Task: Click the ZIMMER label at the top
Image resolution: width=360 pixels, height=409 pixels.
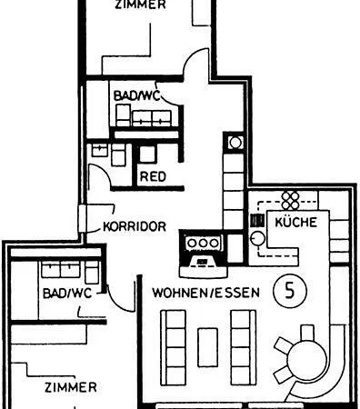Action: point(140,5)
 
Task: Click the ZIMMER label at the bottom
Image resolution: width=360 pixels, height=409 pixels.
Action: point(69,387)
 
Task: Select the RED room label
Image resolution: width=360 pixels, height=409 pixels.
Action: point(152,176)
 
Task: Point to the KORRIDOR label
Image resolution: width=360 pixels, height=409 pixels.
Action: point(135,227)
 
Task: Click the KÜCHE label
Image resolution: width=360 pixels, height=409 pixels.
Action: point(295,221)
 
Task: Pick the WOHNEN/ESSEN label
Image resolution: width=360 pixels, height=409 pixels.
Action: point(205,293)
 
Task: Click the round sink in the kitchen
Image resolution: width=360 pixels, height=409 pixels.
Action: point(257,238)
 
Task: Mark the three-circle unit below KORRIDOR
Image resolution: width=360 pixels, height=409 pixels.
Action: point(202,243)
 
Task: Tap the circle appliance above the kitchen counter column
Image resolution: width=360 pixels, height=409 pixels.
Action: point(235,142)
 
